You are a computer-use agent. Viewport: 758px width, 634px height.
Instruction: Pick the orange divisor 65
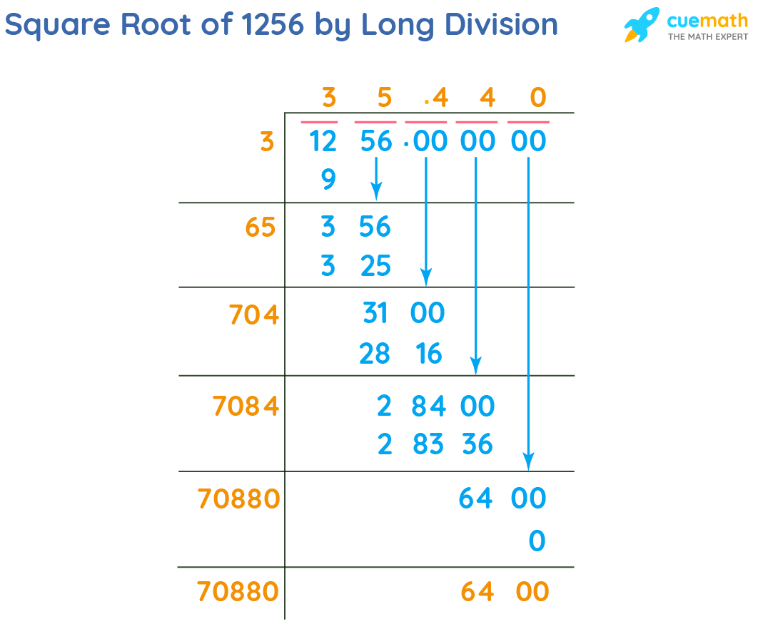click(259, 227)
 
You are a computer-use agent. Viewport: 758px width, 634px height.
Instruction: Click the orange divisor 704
click(254, 315)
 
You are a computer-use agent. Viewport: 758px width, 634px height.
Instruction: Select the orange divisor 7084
click(246, 407)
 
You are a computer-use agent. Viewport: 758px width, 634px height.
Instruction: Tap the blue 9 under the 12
click(328, 179)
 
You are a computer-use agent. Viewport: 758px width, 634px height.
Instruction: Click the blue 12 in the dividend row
click(323, 141)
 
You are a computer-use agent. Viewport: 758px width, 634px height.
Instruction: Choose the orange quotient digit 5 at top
click(385, 97)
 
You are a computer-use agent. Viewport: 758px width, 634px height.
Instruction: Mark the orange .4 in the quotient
click(435, 97)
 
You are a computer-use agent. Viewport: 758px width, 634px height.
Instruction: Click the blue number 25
click(375, 267)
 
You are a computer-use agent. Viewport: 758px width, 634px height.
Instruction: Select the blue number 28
click(375, 353)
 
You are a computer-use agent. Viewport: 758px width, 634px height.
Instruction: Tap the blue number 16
click(428, 353)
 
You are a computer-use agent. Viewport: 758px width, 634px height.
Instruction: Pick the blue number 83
click(428, 445)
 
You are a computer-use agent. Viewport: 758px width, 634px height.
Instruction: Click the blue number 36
click(477, 445)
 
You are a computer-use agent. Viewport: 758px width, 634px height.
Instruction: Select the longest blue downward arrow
click(528, 314)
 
